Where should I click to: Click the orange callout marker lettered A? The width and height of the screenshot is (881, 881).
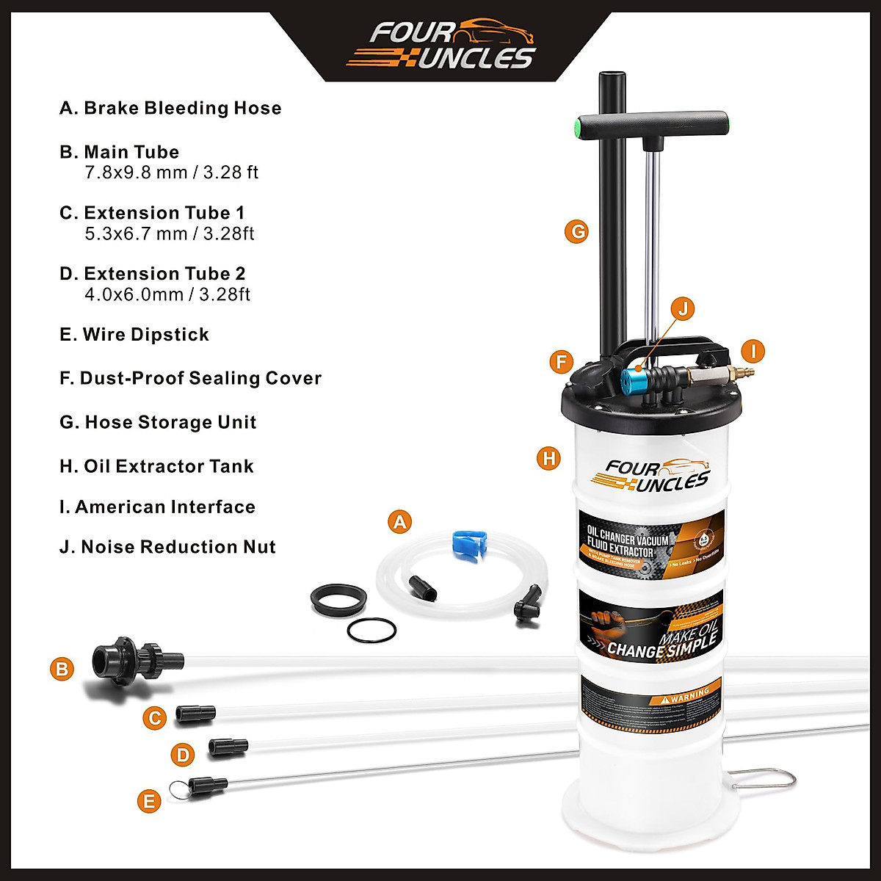click(399, 522)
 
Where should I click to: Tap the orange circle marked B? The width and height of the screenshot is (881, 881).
click(62, 669)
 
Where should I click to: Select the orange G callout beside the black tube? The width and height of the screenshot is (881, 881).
click(577, 232)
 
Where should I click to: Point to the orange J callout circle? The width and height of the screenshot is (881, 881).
click(682, 308)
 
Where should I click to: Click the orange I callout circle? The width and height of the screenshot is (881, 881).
click(753, 351)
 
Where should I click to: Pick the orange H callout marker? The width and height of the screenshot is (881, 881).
click(548, 459)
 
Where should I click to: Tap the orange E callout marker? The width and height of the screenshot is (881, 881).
click(149, 800)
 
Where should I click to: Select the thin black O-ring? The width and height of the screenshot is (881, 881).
click(371, 629)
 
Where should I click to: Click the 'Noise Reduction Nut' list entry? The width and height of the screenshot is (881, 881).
click(167, 547)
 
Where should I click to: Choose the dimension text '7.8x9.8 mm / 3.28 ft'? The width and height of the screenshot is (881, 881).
click(172, 173)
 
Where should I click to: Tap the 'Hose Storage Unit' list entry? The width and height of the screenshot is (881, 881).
click(158, 422)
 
